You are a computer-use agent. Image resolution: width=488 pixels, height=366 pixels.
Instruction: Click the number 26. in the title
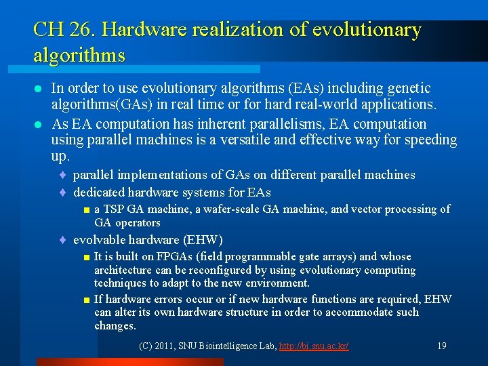tap(81, 30)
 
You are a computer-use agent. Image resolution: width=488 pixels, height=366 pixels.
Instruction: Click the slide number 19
tap(442, 346)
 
